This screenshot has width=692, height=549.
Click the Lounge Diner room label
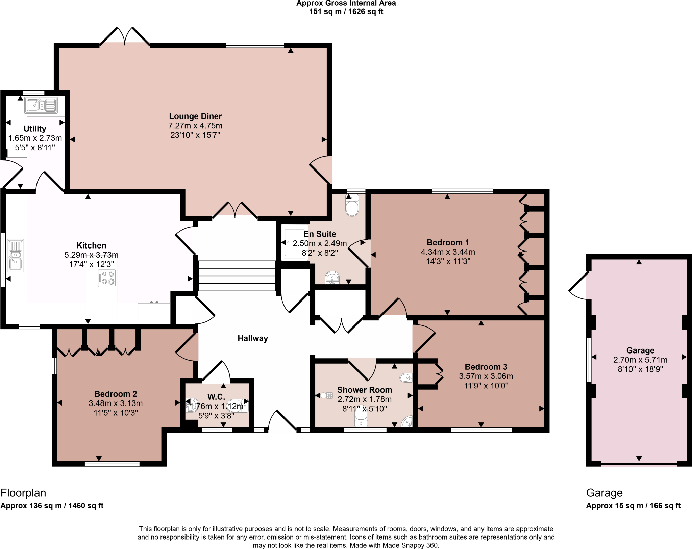point(195,116)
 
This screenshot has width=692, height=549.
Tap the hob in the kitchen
point(107,278)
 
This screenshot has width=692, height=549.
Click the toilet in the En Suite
point(352,206)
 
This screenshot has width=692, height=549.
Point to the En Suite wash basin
point(332,278)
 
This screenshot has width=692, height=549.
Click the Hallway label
point(252,338)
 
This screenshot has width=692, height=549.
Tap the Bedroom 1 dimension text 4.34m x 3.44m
point(448,252)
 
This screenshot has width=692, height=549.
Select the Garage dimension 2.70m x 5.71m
point(640,360)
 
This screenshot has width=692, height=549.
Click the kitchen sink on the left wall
point(16,256)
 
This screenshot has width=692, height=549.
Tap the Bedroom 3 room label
point(486,367)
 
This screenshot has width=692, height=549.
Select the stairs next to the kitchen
point(237,276)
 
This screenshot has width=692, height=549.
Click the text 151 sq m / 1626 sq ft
point(346,12)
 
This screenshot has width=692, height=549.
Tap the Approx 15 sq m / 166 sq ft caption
point(633,506)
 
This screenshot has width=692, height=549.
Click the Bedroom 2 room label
point(116,394)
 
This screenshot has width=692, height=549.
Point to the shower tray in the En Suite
point(295,242)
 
